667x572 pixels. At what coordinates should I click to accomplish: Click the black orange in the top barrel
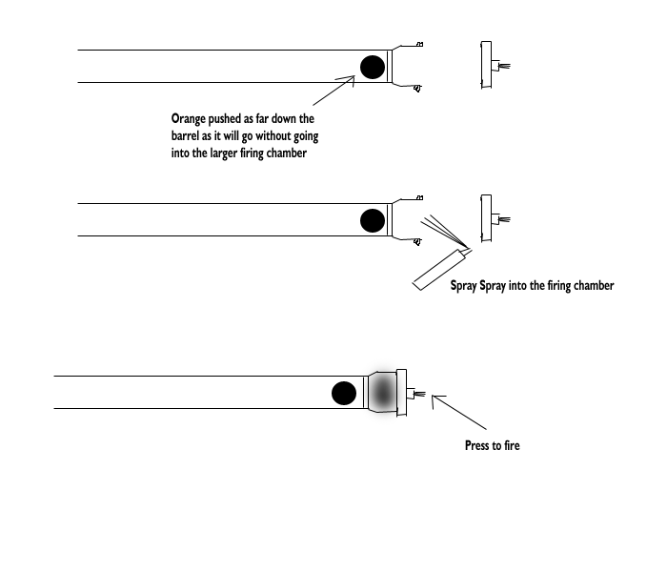coord(373,66)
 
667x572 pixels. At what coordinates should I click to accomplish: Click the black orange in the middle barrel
coord(373,221)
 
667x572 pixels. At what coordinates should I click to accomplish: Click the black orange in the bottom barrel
coord(343,392)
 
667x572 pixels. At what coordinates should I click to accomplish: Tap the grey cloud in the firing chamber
coord(383,391)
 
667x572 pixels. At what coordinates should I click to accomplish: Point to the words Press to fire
coord(492,445)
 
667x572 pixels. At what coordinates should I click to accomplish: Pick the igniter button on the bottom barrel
coord(415,393)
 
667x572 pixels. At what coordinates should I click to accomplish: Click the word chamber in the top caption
coord(283,154)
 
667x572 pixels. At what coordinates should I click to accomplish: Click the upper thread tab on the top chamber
coord(419,45)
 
